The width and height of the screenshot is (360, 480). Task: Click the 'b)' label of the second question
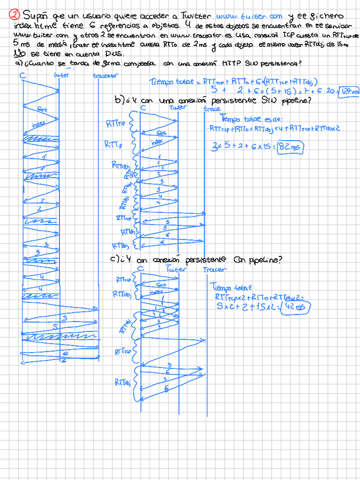click(119, 100)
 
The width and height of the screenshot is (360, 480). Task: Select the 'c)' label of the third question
click(114, 260)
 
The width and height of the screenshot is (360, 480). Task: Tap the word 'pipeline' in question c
click(259, 260)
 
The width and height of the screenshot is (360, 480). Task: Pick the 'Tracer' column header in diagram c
click(215, 269)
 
